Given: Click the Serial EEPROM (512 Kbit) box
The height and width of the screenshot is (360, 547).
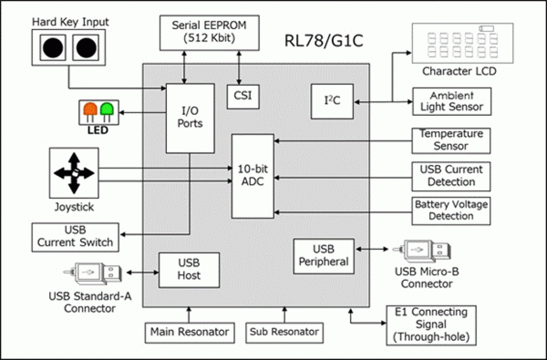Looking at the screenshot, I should (x=209, y=32).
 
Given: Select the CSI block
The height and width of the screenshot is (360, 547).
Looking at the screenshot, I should (x=243, y=96).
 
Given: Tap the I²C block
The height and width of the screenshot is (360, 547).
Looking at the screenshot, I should (x=332, y=101).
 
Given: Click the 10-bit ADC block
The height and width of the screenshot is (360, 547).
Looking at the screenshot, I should (x=253, y=175).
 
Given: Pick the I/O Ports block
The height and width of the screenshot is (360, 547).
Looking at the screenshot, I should (x=190, y=118).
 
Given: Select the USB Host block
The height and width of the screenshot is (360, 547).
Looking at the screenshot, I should (x=189, y=270).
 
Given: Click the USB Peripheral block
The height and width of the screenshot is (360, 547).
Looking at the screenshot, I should (x=324, y=256).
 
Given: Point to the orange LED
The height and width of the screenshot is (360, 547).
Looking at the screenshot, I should (x=90, y=109).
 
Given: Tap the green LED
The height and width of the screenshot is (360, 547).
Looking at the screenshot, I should (x=106, y=109).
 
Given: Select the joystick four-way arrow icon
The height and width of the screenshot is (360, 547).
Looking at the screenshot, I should (x=74, y=173).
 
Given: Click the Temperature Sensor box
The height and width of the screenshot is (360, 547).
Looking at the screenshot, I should (x=451, y=140).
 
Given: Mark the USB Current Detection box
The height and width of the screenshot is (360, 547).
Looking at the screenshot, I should (x=451, y=176).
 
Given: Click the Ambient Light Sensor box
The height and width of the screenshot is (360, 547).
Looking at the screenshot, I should (x=452, y=101).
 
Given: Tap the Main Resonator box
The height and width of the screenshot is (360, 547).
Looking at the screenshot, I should (x=189, y=333).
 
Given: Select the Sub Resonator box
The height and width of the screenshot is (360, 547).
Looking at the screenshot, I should (x=284, y=333).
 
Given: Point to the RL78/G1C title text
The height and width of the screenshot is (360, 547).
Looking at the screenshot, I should (x=323, y=41).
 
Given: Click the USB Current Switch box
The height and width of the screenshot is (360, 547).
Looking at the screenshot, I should (x=75, y=237).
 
